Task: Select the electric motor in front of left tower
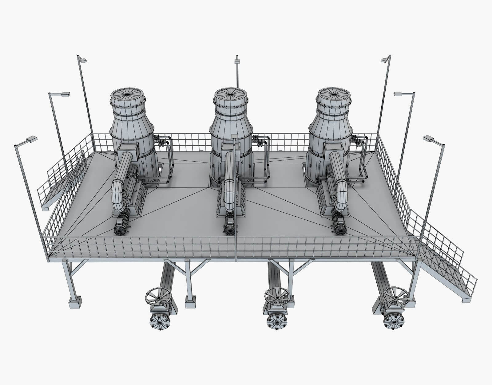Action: click(122, 226)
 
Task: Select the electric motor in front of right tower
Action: click(339, 226)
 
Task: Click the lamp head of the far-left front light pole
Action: click(32, 139)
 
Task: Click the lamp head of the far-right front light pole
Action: click(428, 138)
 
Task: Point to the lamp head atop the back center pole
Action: click(237, 61)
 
